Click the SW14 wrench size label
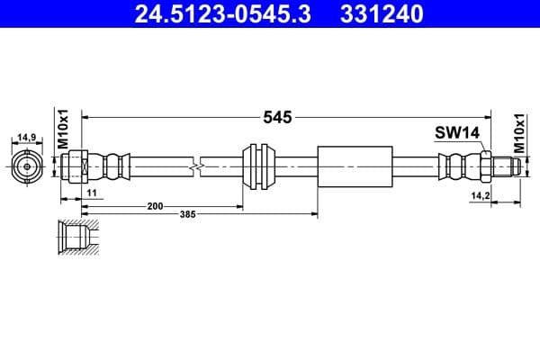456,133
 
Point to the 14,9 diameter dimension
27,138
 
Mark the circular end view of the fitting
27,166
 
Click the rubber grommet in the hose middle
260,166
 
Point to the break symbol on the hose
197,166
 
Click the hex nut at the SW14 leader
484,166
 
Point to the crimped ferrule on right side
457,166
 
